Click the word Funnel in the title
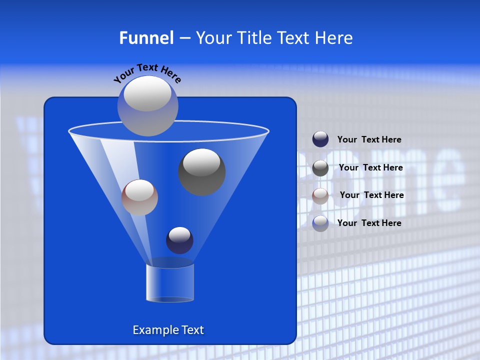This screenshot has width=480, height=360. coord(146,38)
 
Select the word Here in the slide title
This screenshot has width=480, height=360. coord(335,38)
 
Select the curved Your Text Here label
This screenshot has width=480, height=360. coord(147,73)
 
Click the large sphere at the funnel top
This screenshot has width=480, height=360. coord(147,105)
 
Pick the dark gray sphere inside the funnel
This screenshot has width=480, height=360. coord(201,171)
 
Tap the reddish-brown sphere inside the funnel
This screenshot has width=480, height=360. coord(139,197)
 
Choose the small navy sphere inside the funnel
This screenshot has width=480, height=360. coord(179,240)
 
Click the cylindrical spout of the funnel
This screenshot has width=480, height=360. coord(169,282)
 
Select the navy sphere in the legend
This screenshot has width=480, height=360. coord(320,139)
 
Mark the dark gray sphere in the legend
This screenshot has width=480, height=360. coord(320,168)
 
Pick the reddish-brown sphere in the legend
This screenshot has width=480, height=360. coord(320,196)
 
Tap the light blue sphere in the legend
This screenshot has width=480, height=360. coord(320,223)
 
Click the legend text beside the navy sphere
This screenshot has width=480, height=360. coord(369,139)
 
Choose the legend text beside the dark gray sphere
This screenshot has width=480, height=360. coord(370,167)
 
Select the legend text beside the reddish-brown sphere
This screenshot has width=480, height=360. coord(371,195)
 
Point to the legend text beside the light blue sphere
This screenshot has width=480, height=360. coord(369,223)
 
